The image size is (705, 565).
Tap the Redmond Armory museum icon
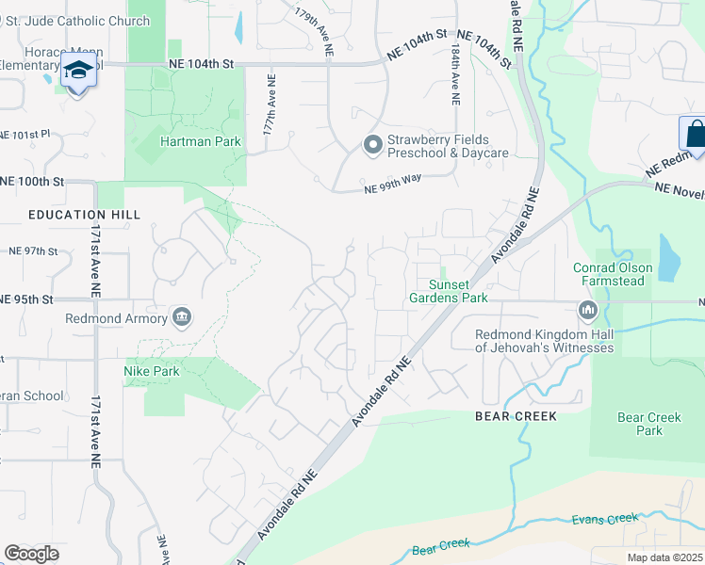[x=182, y=317]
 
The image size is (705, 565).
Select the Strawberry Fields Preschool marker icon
[x=372, y=145]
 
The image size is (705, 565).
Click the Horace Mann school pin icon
[x=78, y=70]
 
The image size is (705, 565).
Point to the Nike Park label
[x=152, y=371]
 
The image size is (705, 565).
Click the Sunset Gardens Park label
[x=448, y=291]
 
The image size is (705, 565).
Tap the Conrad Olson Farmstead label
[x=609, y=274]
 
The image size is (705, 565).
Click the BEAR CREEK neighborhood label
[x=516, y=416]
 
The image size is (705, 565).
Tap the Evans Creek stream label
[x=604, y=520]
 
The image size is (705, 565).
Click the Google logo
[x=31, y=554]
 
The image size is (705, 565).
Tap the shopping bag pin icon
[x=693, y=133]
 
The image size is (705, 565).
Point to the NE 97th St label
[x=33, y=251]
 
